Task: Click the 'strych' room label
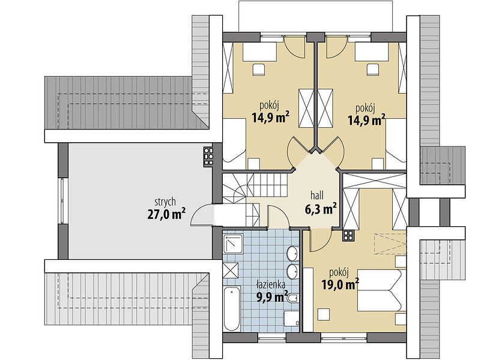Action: pyautogui.click(x=165, y=202)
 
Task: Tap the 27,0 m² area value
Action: pyautogui.click(x=166, y=215)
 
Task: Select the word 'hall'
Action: pyautogui.click(x=317, y=196)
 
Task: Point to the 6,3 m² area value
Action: pyautogui.click(x=321, y=209)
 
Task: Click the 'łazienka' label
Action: pyautogui.click(x=271, y=285)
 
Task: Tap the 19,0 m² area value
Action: pyautogui.click(x=340, y=284)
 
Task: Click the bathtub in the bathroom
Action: pyautogui.click(x=232, y=308)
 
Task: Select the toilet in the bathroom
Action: pyautogui.click(x=292, y=298)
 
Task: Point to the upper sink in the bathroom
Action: pyautogui.click(x=292, y=253)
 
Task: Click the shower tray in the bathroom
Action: pyautogui.click(x=232, y=244)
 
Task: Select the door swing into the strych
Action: pyautogui.click(x=202, y=215)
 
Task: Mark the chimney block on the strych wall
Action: pyautogui.click(x=208, y=157)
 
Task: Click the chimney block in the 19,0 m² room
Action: pyautogui.click(x=348, y=235)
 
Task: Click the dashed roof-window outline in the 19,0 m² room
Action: pyautogui.click(x=390, y=242)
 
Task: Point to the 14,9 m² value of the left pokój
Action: pyautogui.click(x=271, y=118)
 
